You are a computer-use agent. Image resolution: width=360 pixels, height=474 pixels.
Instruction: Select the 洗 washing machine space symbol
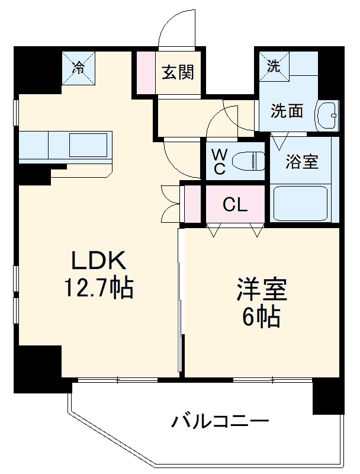(x=274, y=66)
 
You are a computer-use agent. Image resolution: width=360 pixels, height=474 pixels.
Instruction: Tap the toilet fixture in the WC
(x=248, y=160)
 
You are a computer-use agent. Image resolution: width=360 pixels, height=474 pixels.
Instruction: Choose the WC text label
(x=219, y=161)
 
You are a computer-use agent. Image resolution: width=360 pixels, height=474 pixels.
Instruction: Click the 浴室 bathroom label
(x=302, y=162)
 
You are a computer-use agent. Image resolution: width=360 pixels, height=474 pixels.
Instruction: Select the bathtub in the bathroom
(x=300, y=203)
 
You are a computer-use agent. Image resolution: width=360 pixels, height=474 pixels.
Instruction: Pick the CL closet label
(x=235, y=205)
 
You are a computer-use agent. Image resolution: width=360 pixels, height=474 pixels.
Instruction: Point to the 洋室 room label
(x=261, y=292)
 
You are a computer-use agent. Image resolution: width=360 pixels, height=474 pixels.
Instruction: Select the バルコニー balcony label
(x=220, y=422)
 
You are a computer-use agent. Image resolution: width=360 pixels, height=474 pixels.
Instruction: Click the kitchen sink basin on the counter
(x=87, y=145)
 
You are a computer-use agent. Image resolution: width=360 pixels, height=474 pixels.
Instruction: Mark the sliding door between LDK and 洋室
(x=180, y=302)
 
